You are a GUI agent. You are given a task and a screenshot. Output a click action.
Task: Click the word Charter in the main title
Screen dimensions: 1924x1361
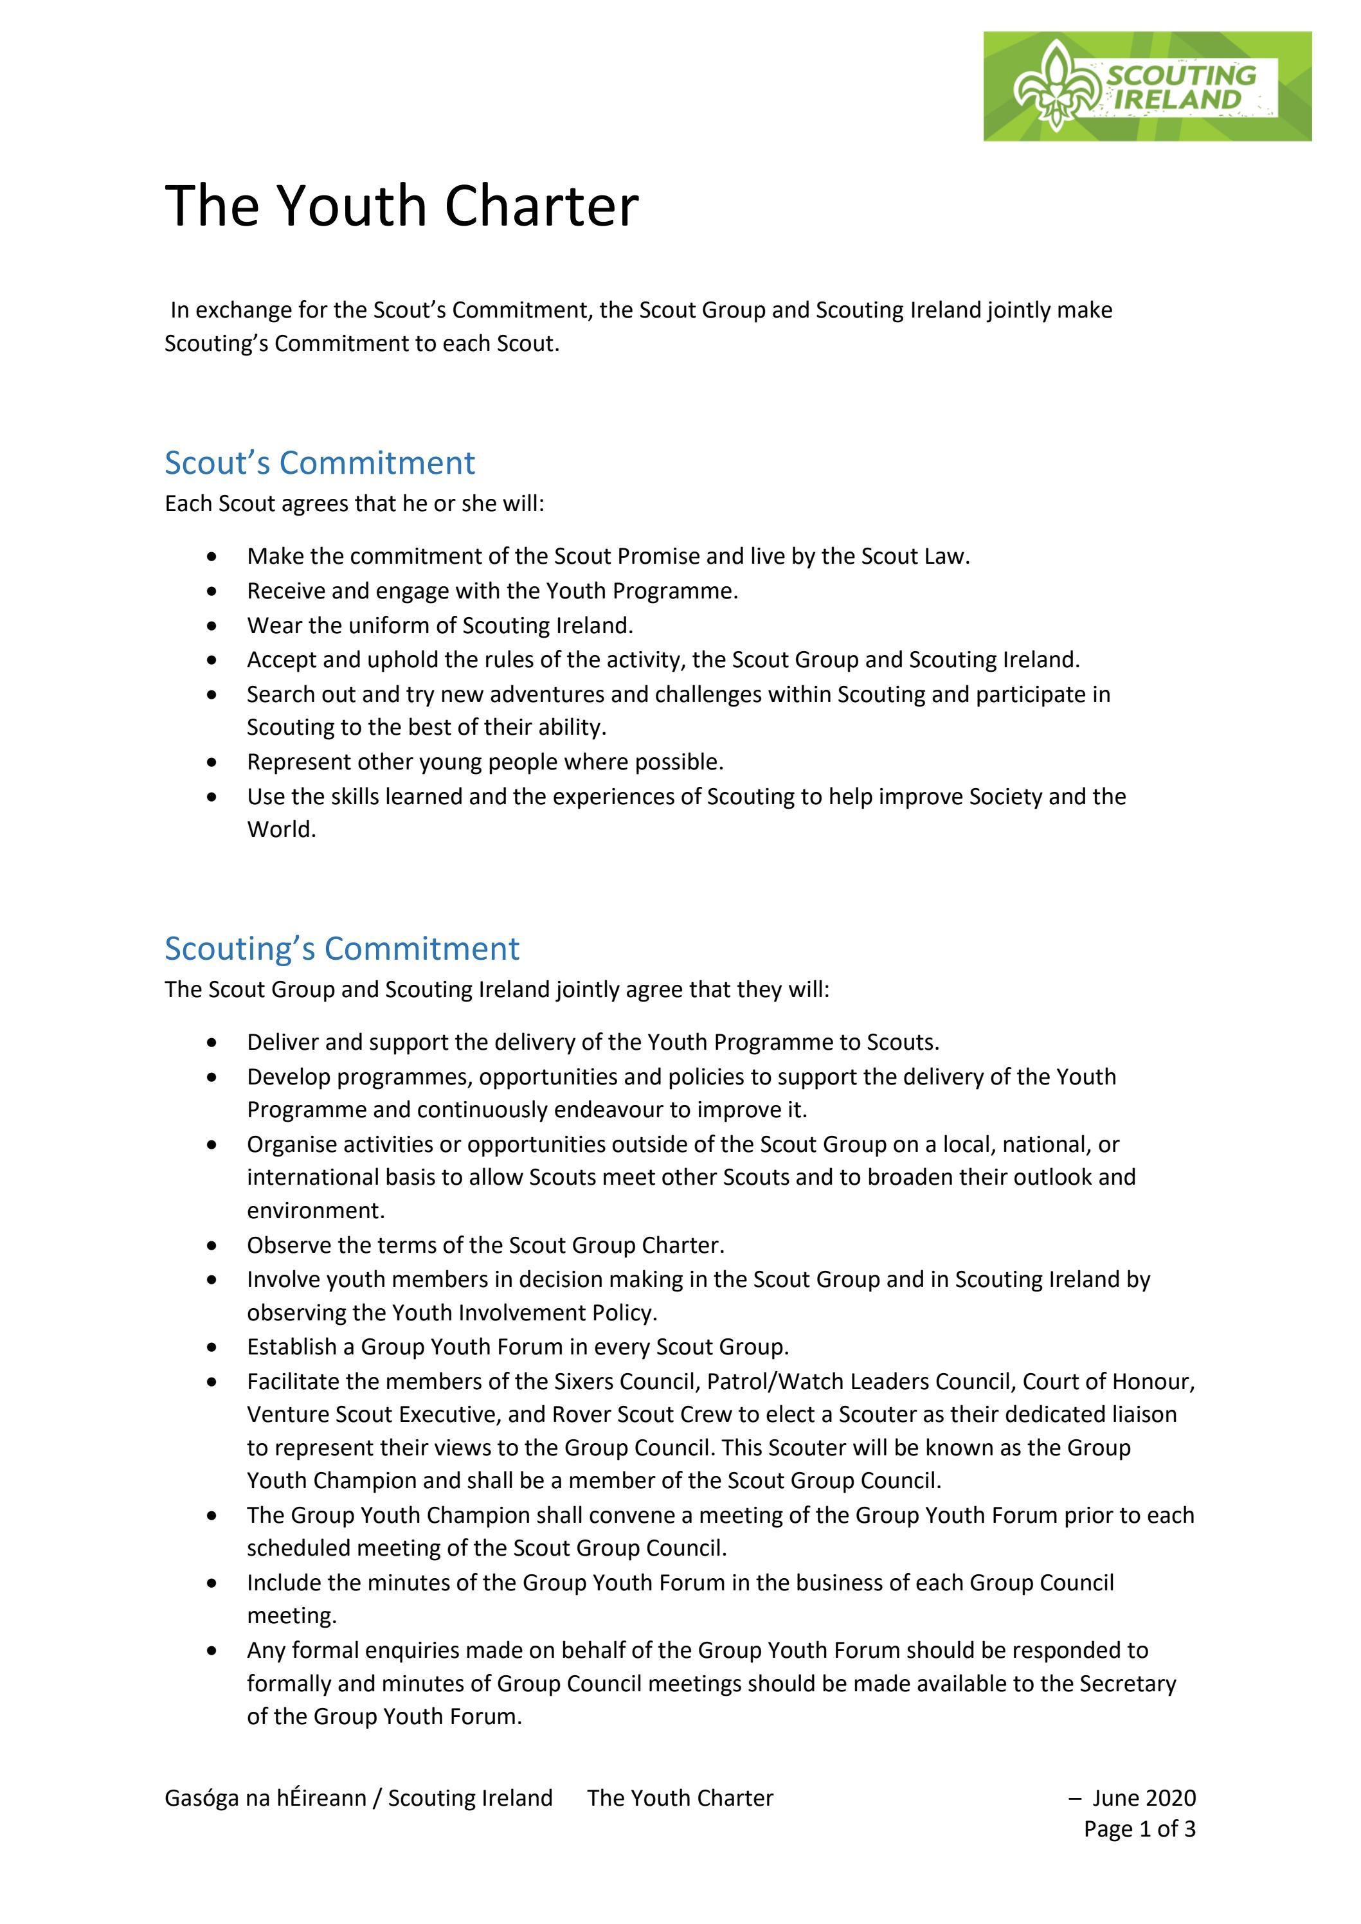pos(541,206)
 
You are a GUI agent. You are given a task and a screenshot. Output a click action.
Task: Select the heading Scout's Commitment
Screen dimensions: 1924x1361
pos(320,463)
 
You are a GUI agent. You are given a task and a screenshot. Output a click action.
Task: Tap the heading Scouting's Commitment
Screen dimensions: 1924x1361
pos(341,948)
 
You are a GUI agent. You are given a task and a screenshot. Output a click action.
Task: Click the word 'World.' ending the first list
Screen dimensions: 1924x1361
pos(282,830)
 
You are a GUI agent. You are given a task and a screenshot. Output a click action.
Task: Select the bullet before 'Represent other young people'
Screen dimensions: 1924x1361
pos(215,762)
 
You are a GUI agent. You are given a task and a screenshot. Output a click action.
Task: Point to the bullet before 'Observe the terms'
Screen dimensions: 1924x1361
pos(215,1245)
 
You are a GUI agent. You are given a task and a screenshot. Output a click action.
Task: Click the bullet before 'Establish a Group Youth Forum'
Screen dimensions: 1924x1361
pos(215,1347)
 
